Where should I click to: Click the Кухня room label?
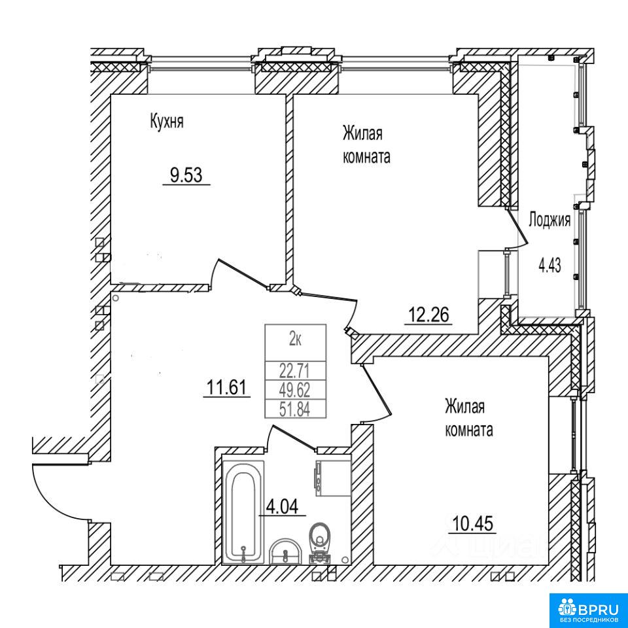[x=167, y=121]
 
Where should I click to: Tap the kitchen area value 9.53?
[x=186, y=175]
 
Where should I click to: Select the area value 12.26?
[x=428, y=314]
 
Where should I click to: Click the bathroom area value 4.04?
[x=282, y=507]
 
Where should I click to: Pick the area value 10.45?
[x=472, y=523]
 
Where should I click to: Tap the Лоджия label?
[x=549, y=220]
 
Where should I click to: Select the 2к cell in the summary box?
[x=296, y=340]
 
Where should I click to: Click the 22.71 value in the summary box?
[x=295, y=371]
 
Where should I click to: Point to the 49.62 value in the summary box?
[x=295, y=389]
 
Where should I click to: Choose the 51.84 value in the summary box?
[x=295, y=410]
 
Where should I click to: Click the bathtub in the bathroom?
[x=243, y=512]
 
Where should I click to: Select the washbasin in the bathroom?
[x=285, y=552]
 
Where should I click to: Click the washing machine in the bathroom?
[x=333, y=478]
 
